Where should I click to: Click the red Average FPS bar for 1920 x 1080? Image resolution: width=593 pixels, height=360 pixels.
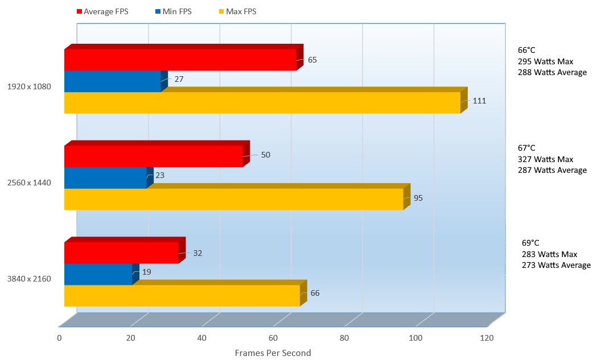pos(180,60)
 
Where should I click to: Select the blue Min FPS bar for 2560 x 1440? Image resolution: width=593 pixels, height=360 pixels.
pos(105,177)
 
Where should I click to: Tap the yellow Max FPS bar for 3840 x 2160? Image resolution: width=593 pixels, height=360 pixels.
pos(182,296)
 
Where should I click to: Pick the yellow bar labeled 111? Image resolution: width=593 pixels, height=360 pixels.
pos(262,103)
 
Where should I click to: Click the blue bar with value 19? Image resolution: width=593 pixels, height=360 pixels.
pos(98,274)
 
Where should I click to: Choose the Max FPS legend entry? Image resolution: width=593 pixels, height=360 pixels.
pos(238,11)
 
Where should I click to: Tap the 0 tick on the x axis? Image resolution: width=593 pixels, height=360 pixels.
pos(60,338)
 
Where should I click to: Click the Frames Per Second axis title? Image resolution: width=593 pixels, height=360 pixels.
pos(273,353)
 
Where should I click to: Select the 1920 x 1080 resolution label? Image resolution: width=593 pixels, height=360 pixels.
pos(29,87)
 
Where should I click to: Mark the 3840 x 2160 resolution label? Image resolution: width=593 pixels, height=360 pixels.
pos(29,279)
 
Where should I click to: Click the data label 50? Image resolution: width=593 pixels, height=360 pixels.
pos(265,155)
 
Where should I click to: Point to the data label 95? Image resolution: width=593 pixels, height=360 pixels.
pos(418,198)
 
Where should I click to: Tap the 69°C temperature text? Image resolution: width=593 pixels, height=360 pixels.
pos(531,242)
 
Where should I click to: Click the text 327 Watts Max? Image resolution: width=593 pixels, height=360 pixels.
pos(545,159)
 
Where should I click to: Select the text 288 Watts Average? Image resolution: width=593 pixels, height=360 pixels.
pos(552,72)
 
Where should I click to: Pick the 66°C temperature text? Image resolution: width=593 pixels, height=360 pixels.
pos(527,50)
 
